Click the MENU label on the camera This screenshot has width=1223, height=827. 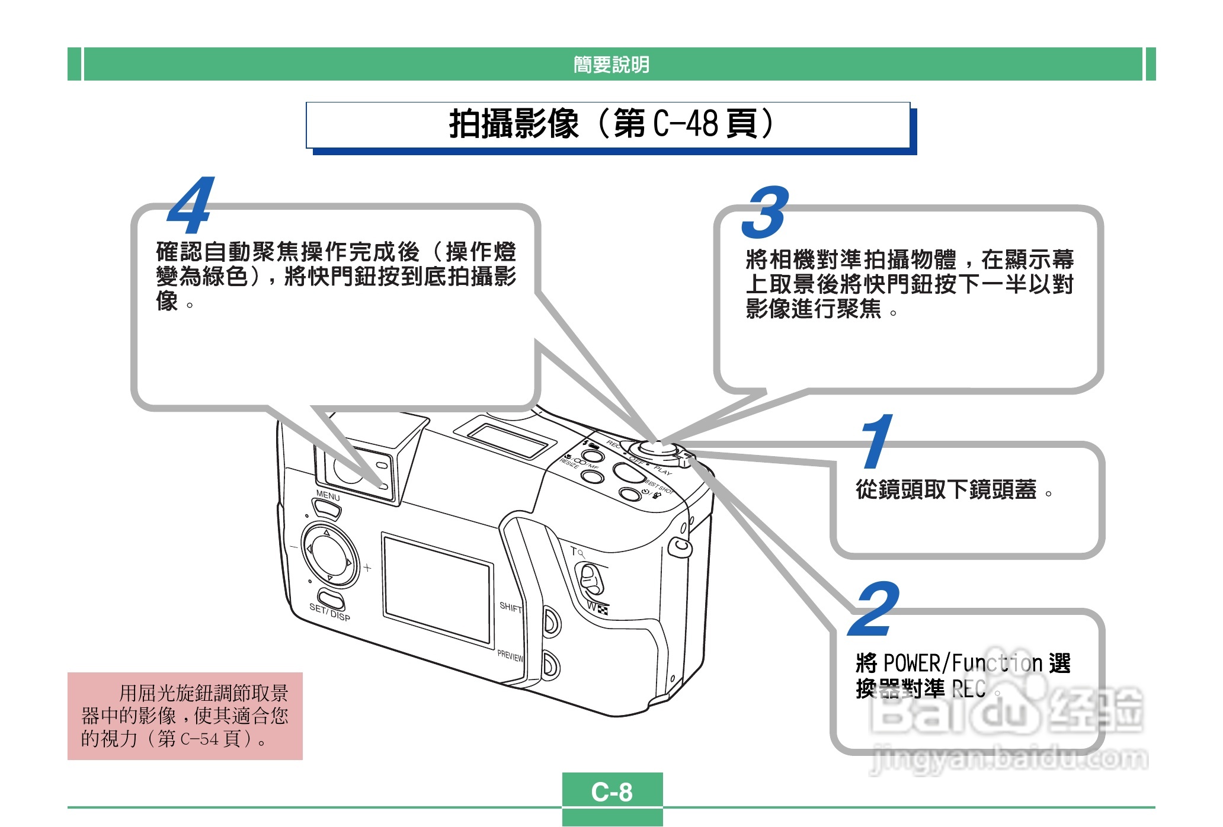point(328,496)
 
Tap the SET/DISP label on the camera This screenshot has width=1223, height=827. point(329,612)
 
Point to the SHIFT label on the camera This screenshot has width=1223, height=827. point(510,607)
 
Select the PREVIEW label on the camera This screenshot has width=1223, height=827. point(510,656)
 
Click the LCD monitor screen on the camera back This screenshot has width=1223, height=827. point(438,589)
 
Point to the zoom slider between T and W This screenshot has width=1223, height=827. point(590,579)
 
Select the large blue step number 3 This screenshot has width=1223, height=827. point(766,211)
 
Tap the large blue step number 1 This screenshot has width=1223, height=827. point(877,441)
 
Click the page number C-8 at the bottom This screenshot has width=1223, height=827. point(612,792)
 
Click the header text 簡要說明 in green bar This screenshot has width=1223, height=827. point(611,65)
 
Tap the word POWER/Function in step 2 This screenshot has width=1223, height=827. point(962,663)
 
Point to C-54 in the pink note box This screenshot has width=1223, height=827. point(200,739)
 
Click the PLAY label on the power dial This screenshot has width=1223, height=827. point(663,472)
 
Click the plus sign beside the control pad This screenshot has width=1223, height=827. point(367,568)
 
